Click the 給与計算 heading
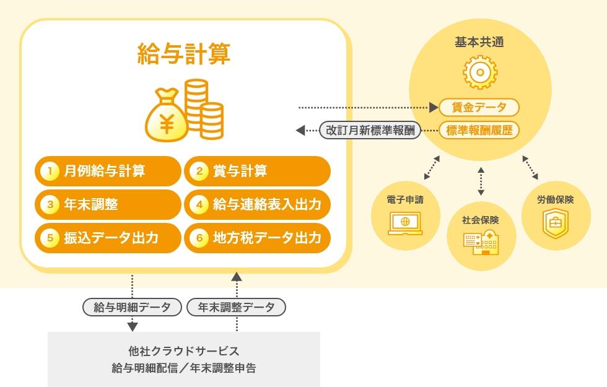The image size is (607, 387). tap(184, 53)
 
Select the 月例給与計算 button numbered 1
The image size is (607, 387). tap(108, 171)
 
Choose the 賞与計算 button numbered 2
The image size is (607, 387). tap(258, 171)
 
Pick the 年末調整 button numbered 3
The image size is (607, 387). tap(108, 204)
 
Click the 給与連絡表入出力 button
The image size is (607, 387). tap(258, 204)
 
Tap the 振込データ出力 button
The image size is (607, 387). tap(108, 238)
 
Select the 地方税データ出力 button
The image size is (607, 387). tap(258, 238)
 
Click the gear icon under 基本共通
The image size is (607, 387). tap(480, 72)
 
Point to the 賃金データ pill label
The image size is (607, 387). tap(479, 107)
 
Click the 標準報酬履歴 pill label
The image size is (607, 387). tap(479, 131)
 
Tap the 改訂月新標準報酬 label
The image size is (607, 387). tap(370, 131)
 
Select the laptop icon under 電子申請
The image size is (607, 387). tap(405, 224)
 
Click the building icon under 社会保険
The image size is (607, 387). tap(481, 242)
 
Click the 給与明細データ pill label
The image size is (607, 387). tap(132, 307)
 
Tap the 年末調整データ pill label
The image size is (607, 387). tap(236, 307)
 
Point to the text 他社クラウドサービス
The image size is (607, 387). tap(184, 351)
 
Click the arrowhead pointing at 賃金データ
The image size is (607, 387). tap(434, 108)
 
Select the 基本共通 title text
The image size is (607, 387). tap(479, 42)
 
